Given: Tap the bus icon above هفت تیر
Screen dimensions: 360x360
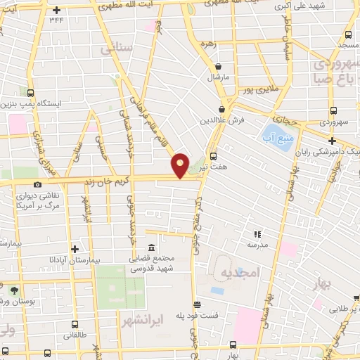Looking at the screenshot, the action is coord(213,157).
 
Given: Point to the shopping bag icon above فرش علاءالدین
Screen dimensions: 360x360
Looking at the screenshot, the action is coord(221,109).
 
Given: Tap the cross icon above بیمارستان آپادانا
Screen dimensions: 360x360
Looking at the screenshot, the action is coord(75,249).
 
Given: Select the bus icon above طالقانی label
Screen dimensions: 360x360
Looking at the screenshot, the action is coord(75,324).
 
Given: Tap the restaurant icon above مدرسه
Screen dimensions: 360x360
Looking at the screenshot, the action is coord(257,233).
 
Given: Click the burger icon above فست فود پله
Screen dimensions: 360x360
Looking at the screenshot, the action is coord(198,304).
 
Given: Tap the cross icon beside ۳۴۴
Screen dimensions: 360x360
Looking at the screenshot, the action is coord(56,9).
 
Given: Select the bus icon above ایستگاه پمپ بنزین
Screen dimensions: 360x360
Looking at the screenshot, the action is coord(30,92).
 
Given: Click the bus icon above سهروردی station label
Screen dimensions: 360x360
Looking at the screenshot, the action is coord(333,110).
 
